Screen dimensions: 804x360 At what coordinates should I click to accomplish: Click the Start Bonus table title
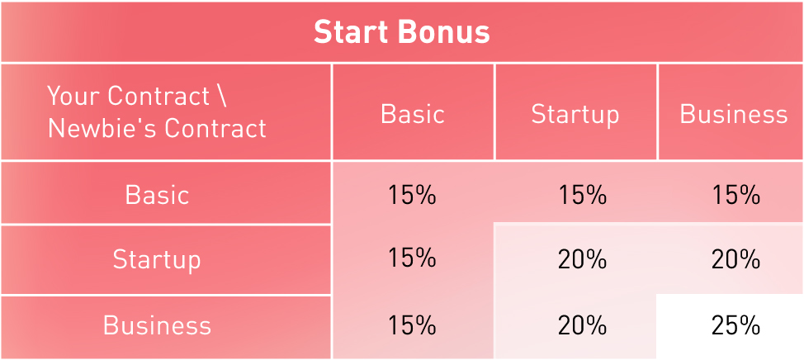401,32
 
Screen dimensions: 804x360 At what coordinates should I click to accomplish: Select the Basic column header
412,115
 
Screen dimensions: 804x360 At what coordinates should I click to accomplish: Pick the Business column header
733,115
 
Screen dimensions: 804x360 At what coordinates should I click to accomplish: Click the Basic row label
158,195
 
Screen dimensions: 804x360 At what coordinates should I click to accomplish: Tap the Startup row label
157,260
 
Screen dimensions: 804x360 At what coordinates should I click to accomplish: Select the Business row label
157,325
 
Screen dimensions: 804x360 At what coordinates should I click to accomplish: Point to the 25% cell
735,325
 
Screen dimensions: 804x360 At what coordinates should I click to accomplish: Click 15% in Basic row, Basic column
412,195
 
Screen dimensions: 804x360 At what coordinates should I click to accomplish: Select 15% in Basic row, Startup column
582,195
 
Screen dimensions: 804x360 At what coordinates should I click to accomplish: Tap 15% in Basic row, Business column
735,195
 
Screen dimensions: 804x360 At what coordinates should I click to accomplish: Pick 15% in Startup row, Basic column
412,258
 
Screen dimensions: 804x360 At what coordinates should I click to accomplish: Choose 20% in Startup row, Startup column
582,260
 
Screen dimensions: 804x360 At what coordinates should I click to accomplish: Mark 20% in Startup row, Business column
735,260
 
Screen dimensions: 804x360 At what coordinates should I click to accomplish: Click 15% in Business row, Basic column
412,325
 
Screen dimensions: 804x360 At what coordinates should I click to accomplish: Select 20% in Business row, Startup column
582,325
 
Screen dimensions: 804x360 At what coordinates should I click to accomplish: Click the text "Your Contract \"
137,96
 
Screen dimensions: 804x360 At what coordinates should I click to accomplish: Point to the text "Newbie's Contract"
157,128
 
